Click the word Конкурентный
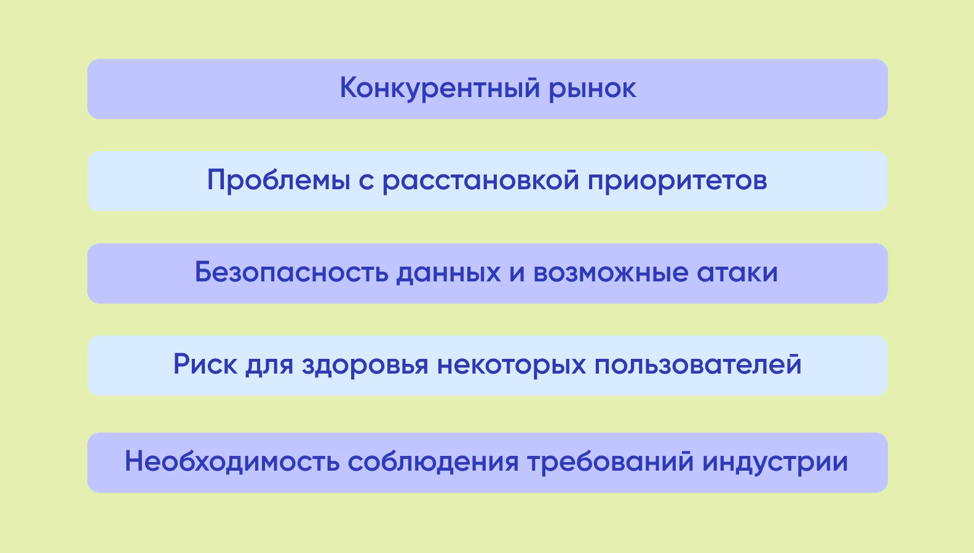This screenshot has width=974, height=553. click(x=440, y=88)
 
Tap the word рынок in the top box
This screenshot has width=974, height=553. click(x=592, y=90)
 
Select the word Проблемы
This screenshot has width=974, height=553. click(x=279, y=181)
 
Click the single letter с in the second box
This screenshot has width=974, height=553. click(x=366, y=182)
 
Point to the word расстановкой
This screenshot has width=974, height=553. click(x=481, y=181)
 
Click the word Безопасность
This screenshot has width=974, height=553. click(x=291, y=273)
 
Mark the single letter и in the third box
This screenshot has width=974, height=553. click(x=517, y=274)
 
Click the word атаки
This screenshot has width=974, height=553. click(x=737, y=273)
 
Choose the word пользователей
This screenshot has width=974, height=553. click(x=698, y=365)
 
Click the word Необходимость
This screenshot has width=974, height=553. click(x=232, y=462)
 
